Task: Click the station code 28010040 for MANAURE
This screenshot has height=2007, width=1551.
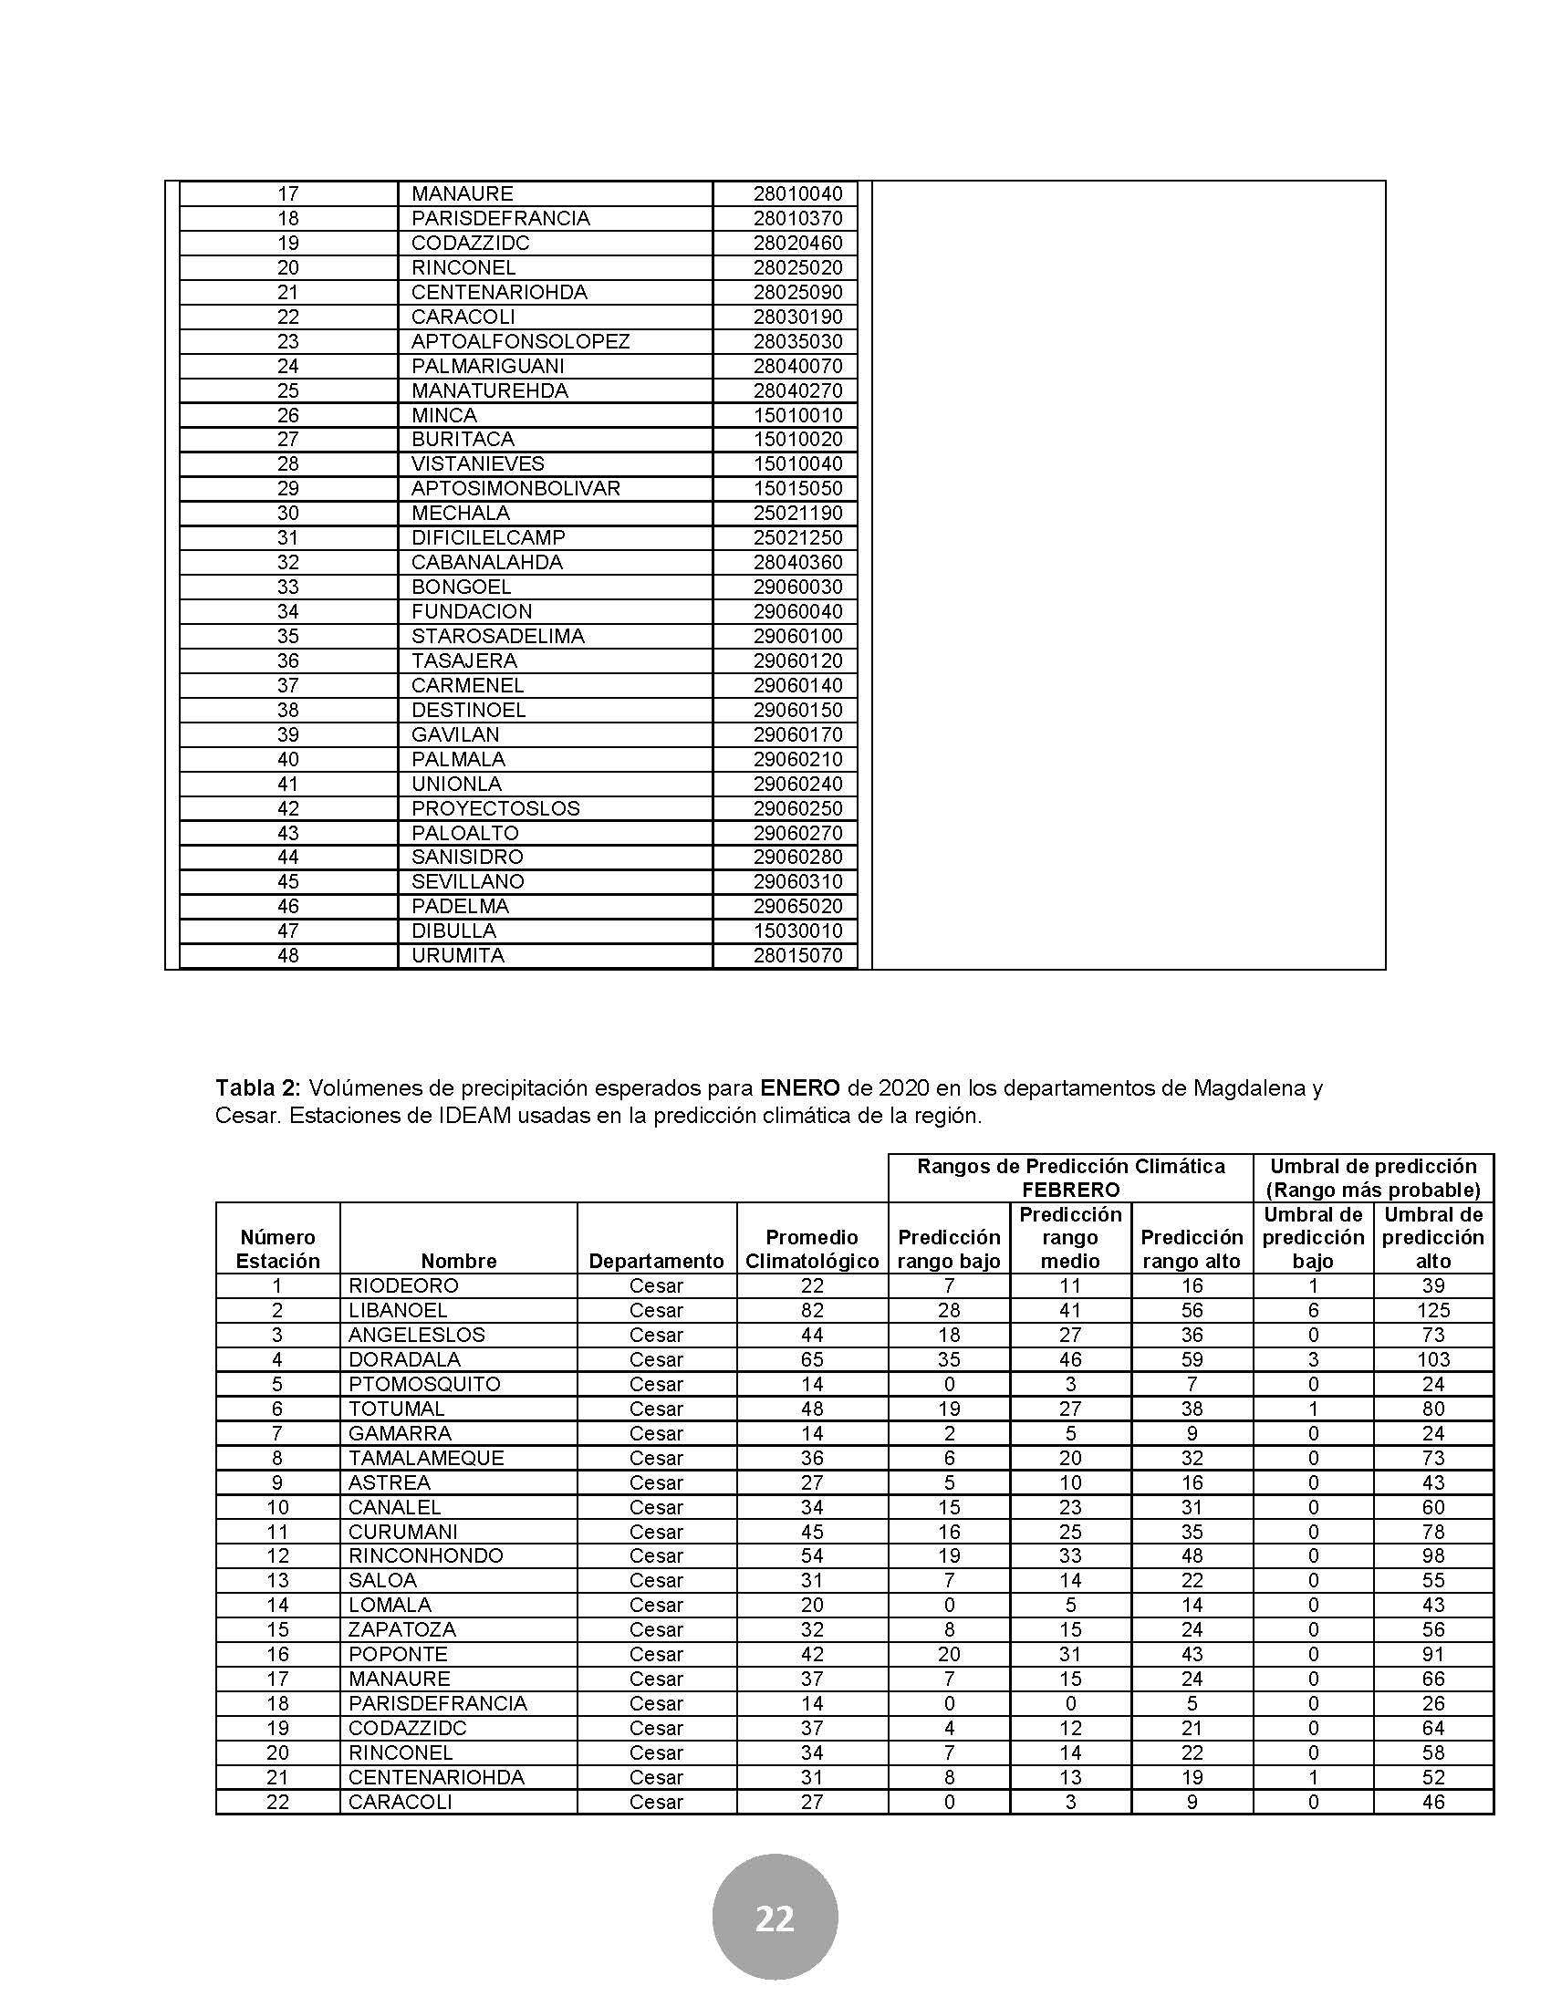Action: (797, 194)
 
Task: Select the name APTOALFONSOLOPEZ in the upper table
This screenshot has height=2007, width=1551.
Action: (520, 342)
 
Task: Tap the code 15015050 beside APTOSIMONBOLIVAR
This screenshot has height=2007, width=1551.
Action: (797, 489)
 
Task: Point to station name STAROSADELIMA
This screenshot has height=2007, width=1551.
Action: (497, 636)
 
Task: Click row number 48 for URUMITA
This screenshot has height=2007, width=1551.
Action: (287, 956)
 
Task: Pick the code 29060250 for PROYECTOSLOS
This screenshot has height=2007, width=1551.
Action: (797, 808)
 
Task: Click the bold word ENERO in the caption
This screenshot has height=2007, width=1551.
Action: (799, 1089)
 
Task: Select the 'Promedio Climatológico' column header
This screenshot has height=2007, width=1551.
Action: (811, 1250)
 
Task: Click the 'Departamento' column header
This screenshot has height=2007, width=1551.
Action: (656, 1262)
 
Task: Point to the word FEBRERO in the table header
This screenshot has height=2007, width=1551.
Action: (1070, 1191)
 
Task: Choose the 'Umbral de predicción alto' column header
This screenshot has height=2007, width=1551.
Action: (1432, 1238)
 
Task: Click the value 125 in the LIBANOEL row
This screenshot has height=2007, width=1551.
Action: (1432, 1310)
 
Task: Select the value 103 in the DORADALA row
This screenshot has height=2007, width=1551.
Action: (1432, 1360)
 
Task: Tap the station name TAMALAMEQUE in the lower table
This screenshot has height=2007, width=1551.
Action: (425, 1459)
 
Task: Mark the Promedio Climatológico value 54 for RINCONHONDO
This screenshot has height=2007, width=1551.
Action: (811, 1555)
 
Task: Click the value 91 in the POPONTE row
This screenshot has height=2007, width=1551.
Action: (1432, 1654)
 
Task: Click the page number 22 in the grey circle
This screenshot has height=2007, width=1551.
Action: (775, 1919)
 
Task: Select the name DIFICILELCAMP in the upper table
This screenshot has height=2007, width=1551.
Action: (488, 537)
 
